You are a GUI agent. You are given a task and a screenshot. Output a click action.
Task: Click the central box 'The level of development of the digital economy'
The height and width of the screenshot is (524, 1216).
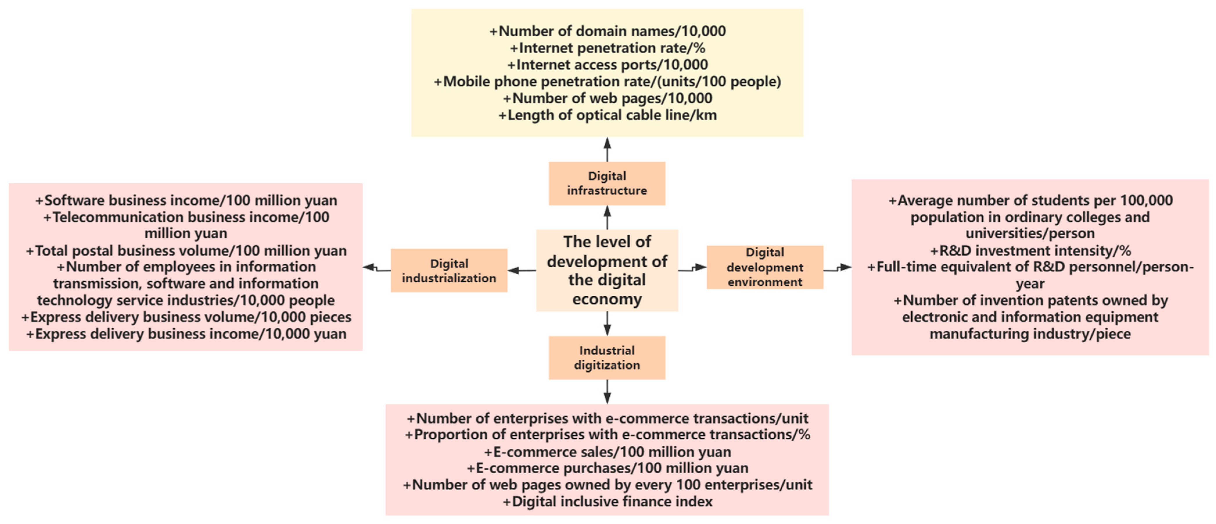607,270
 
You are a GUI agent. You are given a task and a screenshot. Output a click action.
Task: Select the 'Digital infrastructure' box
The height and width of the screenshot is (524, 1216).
607,183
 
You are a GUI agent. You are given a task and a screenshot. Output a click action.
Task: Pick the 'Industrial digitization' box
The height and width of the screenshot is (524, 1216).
607,358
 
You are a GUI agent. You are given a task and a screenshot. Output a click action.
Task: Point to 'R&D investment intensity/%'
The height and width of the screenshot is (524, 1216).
1030,250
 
